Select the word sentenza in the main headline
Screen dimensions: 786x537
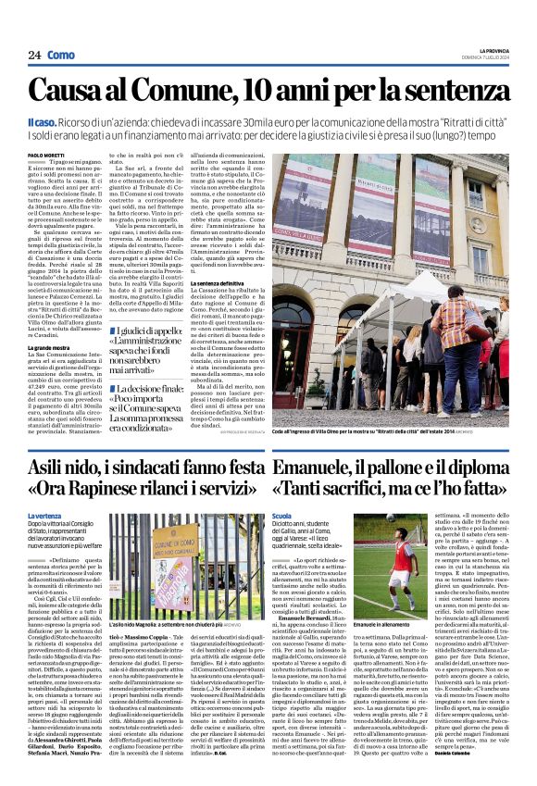click(442, 91)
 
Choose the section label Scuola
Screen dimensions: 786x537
click(282, 515)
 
